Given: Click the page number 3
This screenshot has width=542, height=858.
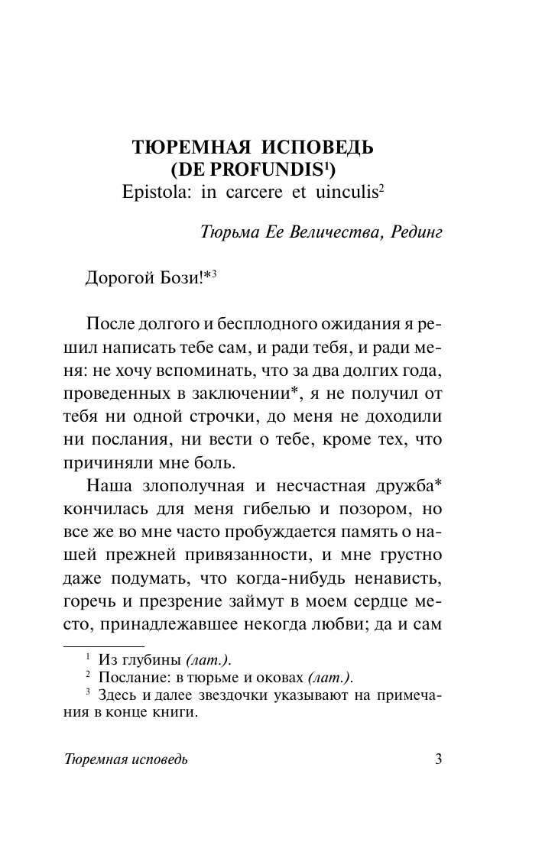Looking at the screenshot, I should point(438,760).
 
